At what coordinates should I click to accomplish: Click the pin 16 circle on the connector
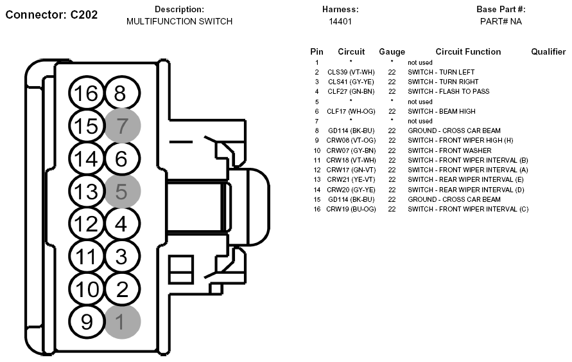tap(87, 93)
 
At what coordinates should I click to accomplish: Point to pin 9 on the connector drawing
tap(87, 322)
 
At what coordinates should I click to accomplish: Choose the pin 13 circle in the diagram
tap(87, 191)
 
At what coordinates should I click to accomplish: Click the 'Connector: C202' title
tap(51, 15)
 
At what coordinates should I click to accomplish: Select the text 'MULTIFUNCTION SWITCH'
tap(180, 22)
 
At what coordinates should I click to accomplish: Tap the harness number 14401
tap(340, 22)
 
